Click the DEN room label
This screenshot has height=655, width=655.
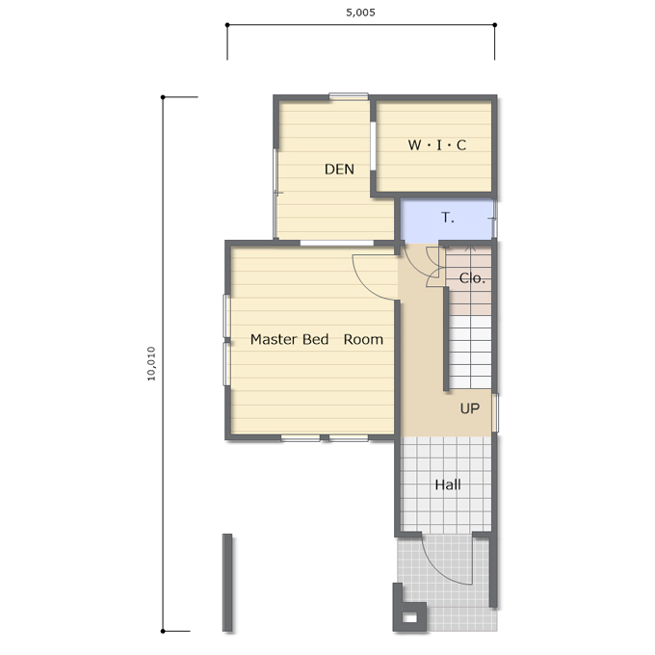(339, 170)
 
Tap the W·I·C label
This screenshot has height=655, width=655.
(437, 144)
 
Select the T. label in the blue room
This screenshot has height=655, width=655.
(447, 218)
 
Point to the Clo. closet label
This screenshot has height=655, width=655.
(472, 277)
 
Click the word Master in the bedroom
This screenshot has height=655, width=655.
(274, 339)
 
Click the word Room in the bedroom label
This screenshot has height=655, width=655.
(363, 339)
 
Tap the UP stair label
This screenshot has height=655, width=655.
(469, 408)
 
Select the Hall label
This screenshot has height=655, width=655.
(448, 485)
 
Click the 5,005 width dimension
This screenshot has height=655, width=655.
(360, 13)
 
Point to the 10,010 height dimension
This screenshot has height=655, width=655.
(151, 363)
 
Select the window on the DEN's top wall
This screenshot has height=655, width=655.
(349, 96)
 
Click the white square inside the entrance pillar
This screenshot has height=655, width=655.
(409, 617)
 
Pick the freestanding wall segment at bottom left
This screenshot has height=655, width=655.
(227, 583)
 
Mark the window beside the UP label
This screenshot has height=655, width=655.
(495, 412)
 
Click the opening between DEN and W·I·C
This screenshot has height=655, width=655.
(373, 145)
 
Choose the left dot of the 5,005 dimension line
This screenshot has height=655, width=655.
(227, 25)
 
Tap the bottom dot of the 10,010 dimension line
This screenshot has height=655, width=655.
(163, 631)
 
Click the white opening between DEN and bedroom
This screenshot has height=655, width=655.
(337, 243)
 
